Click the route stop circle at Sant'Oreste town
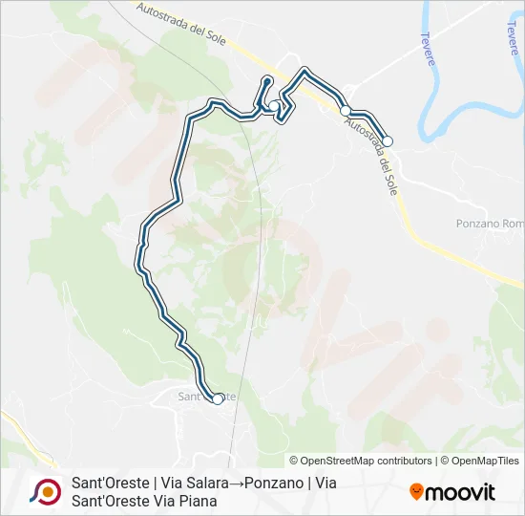pyautogui.click(x=218, y=399)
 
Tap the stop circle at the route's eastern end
pyautogui.click(x=388, y=140)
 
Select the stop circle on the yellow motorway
pyautogui.click(x=346, y=111)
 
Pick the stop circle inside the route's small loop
pyautogui.click(x=275, y=106)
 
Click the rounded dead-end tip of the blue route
pyautogui.click(x=268, y=79)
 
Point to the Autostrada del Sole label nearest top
pyautogui.click(x=187, y=21)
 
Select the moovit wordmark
pyautogui.click(x=461, y=492)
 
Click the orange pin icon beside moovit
pyautogui.click(x=416, y=492)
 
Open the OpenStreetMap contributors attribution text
pyautogui.click(x=361, y=461)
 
